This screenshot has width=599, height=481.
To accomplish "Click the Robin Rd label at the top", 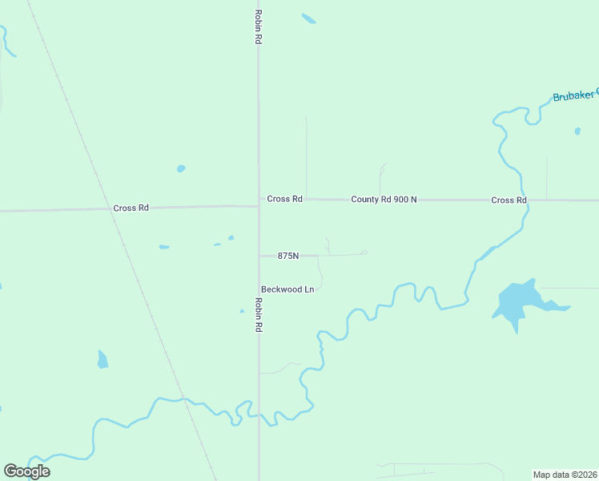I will pyautogui.click(x=258, y=26).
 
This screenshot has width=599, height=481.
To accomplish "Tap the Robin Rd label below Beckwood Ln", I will pyautogui.click(x=258, y=315).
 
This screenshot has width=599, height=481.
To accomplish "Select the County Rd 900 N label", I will pyautogui.click(x=384, y=199).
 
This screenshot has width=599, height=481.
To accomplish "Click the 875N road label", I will pyautogui.click(x=287, y=256).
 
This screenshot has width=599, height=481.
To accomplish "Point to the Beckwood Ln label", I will pyautogui.click(x=287, y=289).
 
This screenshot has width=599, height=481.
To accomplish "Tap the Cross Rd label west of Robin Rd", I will pyautogui.click(x=131, y=208).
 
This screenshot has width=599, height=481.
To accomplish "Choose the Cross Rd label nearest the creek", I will pyautogui.click(x=509, y=200).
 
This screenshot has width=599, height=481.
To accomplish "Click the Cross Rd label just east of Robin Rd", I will pyautogui.click(x=284, y=199).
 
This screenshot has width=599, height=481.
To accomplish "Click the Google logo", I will pyautogui.click(x=26, y=471).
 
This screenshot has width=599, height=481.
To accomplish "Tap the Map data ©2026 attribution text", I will pyautogui.click(x=565, y=474).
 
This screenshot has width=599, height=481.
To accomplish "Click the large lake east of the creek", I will pyautogui.click(x=517, y=303).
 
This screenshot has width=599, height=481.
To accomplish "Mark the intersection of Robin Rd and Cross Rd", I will pyautogui.click(x=258, y=205).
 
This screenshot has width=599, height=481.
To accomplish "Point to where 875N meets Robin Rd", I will pyautogui.click(x=258, y=256).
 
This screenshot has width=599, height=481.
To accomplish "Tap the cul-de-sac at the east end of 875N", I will pyautogui.click(x=364, y=253).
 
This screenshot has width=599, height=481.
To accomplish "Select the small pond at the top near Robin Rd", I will pyautogui.click(x=308, y=18).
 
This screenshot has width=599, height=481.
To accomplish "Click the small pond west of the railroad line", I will pyautogui.click(x=103, y=359).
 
